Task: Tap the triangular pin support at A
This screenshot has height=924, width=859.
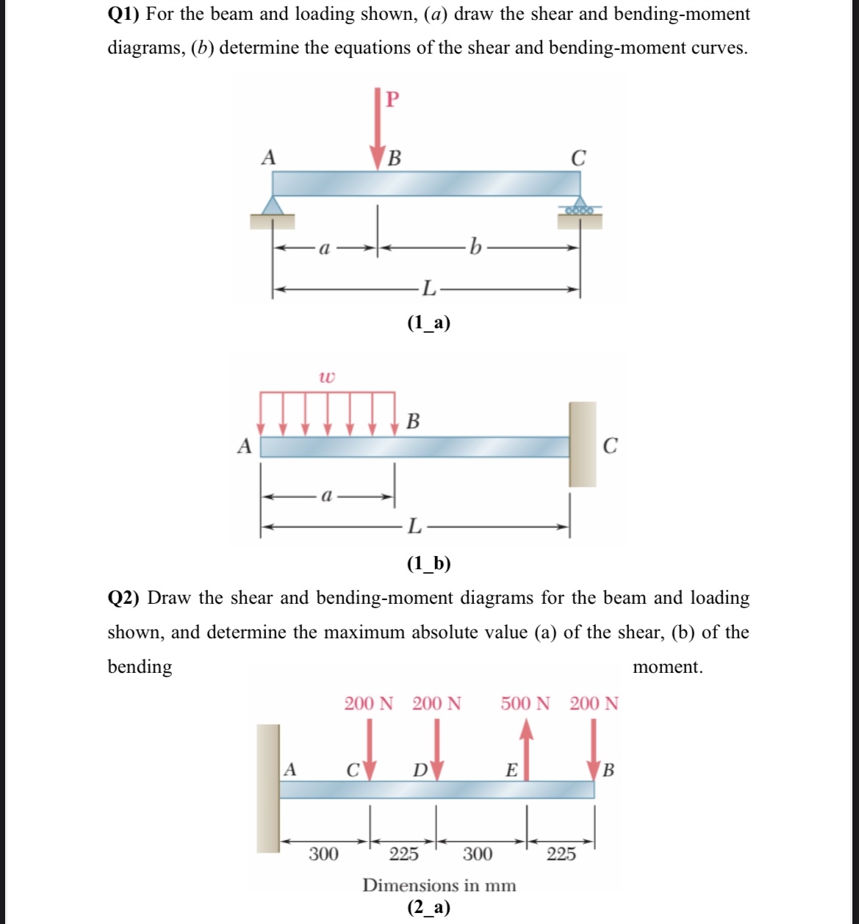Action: point(273,206)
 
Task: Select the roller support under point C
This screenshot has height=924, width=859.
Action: point(580,209)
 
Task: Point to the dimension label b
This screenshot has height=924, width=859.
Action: point(475,248)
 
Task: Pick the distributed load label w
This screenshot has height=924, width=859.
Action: point(327,377)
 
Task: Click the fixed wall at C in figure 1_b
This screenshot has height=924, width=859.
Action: point(582,444)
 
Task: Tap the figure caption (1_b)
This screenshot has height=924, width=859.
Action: point(428,563)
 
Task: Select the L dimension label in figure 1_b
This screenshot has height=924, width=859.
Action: point(414,526)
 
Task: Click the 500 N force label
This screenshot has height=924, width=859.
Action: point(525,704)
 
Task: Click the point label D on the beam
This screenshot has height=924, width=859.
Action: point(420,770)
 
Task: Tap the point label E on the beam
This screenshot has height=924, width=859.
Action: point(511,770)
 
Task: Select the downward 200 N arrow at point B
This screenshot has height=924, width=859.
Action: point(594,746)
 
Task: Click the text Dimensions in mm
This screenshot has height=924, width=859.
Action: point(439,885)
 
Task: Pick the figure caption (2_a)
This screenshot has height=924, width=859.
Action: point(428,908)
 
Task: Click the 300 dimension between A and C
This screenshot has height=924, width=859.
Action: point(323,853)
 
